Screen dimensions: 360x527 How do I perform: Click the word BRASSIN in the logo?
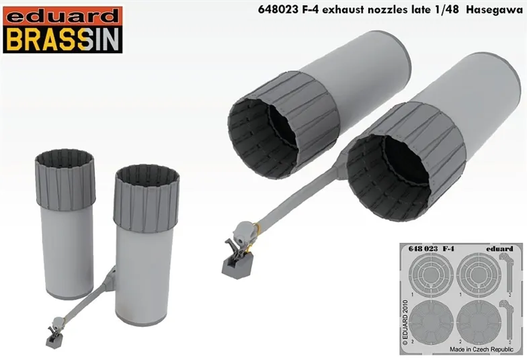(63, 40)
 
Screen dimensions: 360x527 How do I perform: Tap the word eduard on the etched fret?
(498, 249)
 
